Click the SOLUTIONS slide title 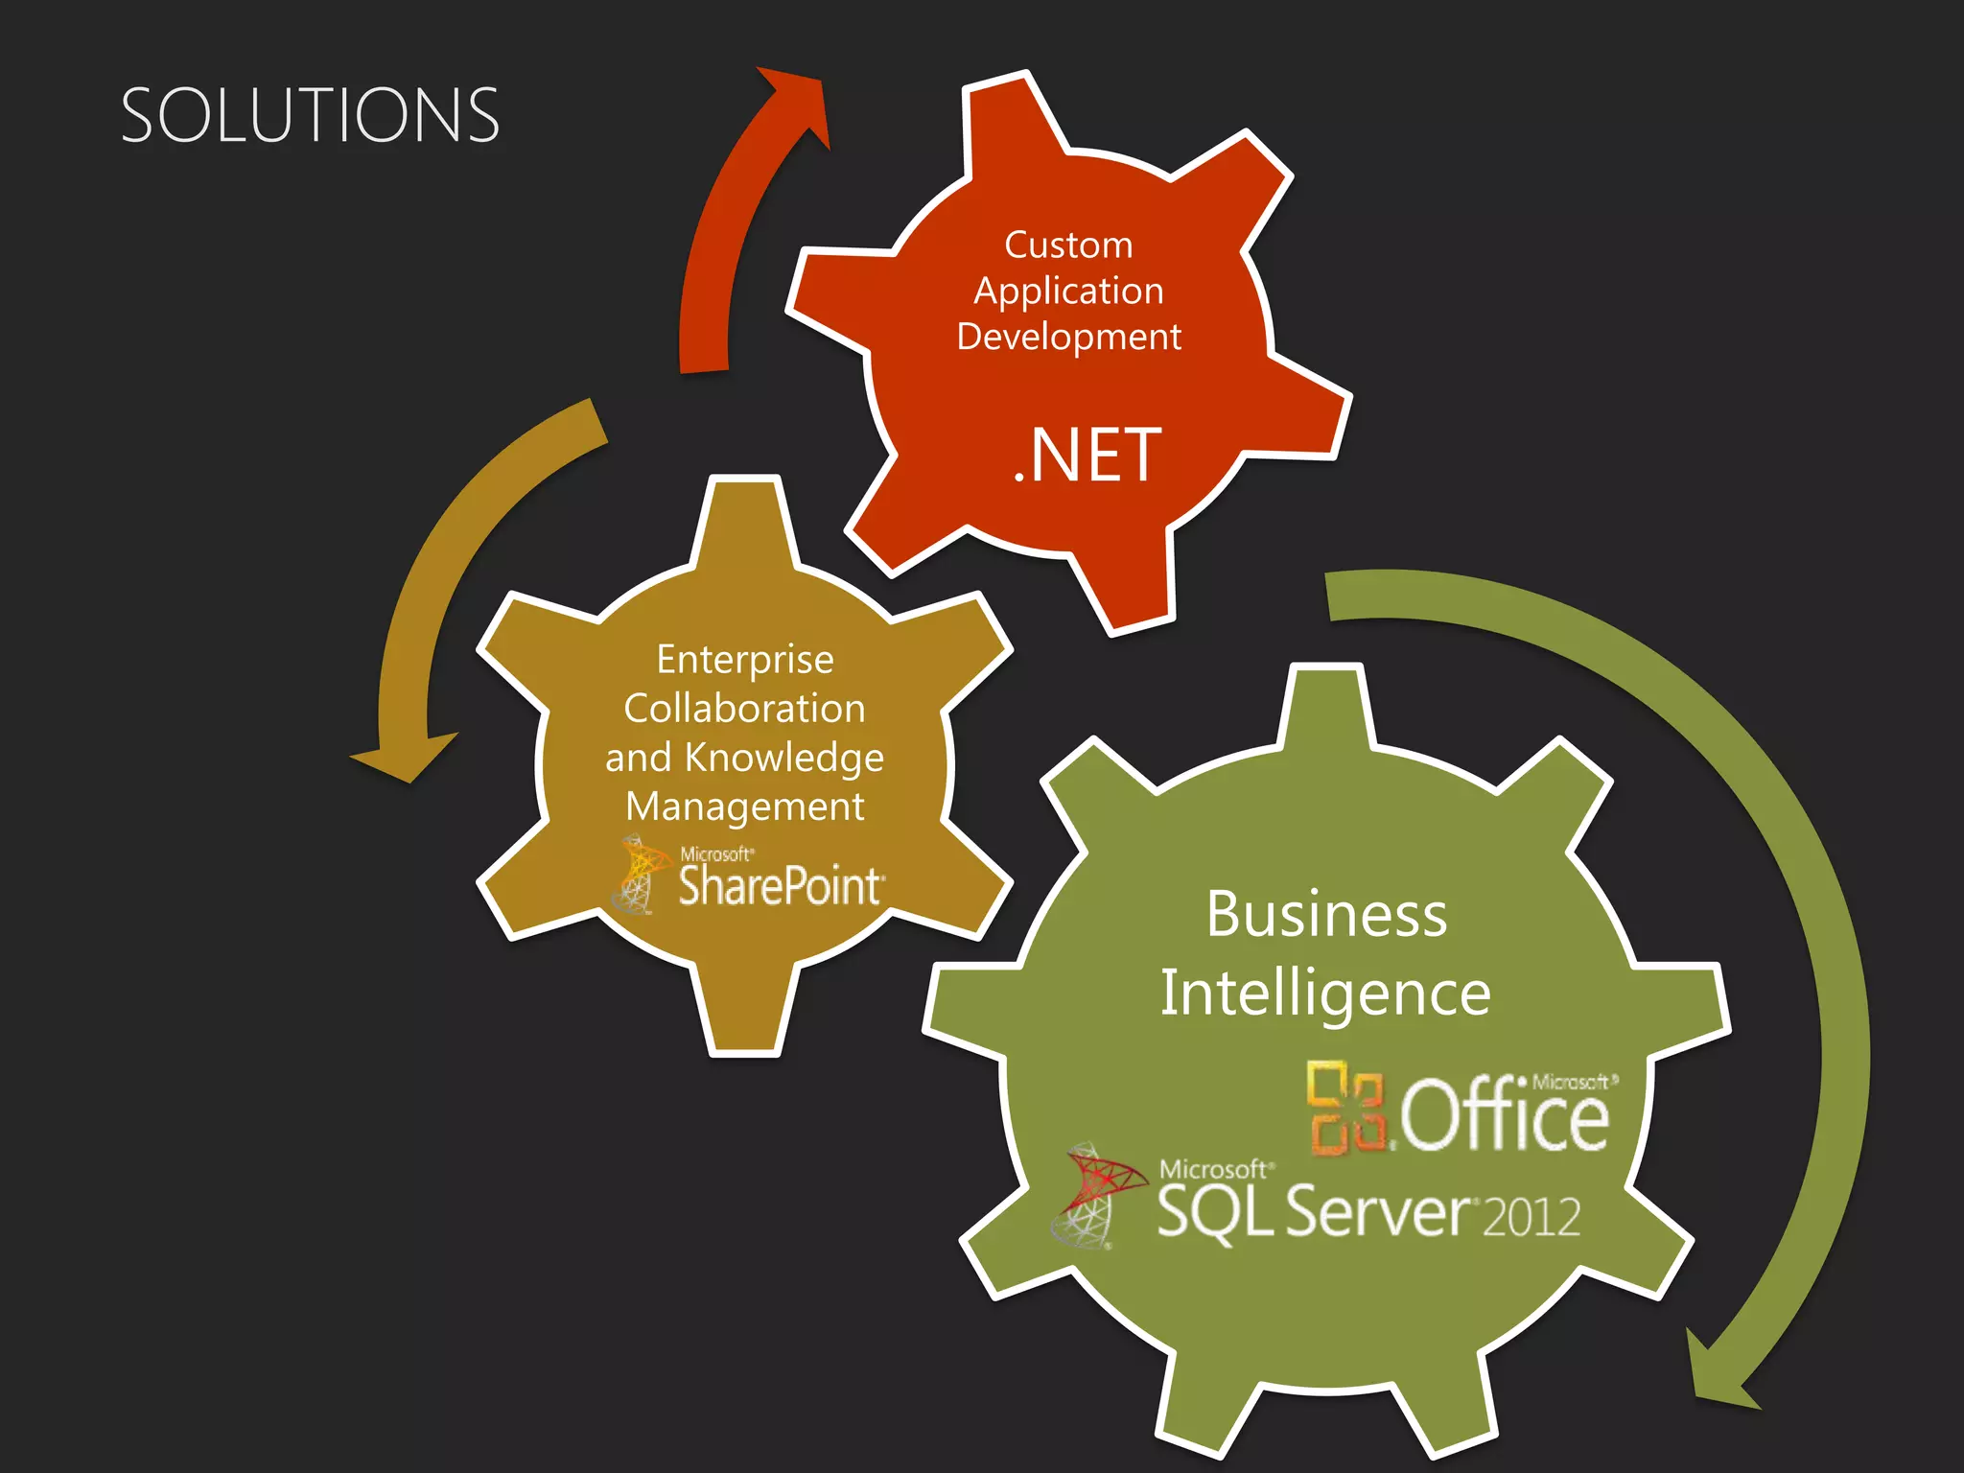click(x=310, y=115)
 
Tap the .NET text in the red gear click(x=1087, y=456)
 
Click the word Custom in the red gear click(x=1068, y=245)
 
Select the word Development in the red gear click(x=1068, y=337)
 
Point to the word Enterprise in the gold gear click(x=745, y=660)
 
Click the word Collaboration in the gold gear click(x=745, y=709)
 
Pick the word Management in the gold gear click(x=745, y=807)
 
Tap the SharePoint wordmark click(x=780, y=885)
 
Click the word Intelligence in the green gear click(x=1325, y=994)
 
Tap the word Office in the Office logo click(x=1504, y=1115)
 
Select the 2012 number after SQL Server click(x=1531, y=1217)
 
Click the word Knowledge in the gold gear click(x=784, y=758)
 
